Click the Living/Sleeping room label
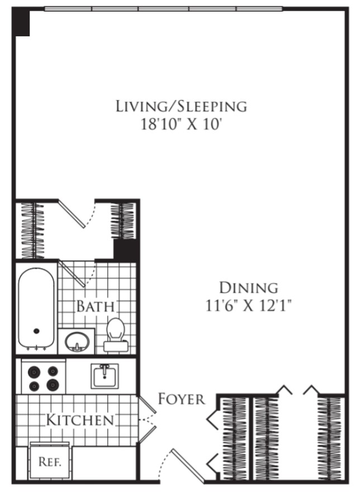[x=181, y=106]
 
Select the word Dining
[x=249, y=288]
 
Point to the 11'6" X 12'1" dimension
[x=249, y=305]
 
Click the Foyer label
[x=181, y=399]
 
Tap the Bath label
[x=96, y=306]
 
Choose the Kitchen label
[x=80, y=419]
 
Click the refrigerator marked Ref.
[x=50, y=461]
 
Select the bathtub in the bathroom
[x=36, y=309]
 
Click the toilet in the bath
[x=116, y=335]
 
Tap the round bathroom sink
[x=77, y=342]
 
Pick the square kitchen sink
[x=105, y=376]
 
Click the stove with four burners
[x=44, y=378]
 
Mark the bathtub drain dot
[x=36, y=331]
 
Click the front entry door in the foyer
[x=188, y=466]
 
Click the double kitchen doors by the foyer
[x=147, y=419]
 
